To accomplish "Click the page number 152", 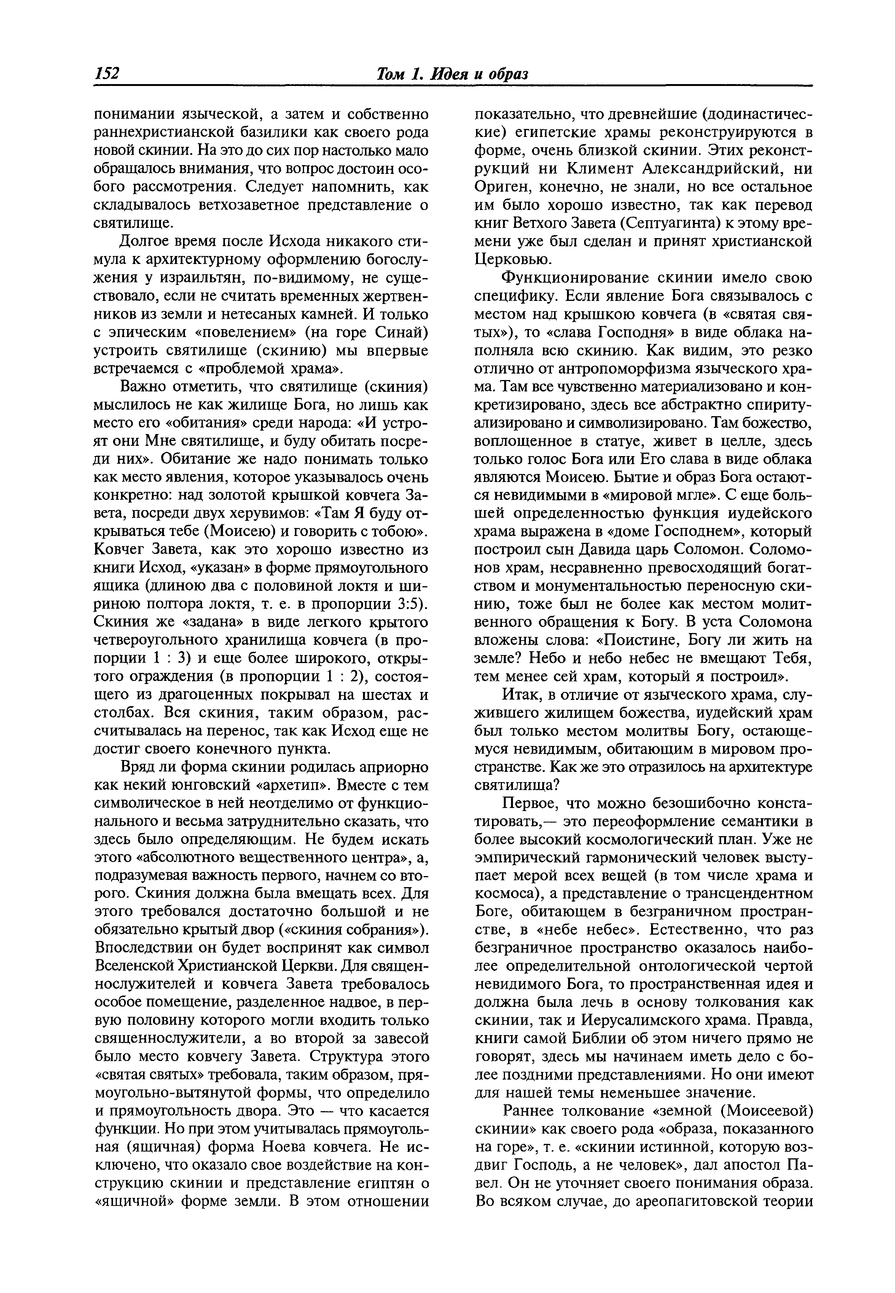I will pos(108,73).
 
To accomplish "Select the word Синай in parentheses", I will pos(404,332).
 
